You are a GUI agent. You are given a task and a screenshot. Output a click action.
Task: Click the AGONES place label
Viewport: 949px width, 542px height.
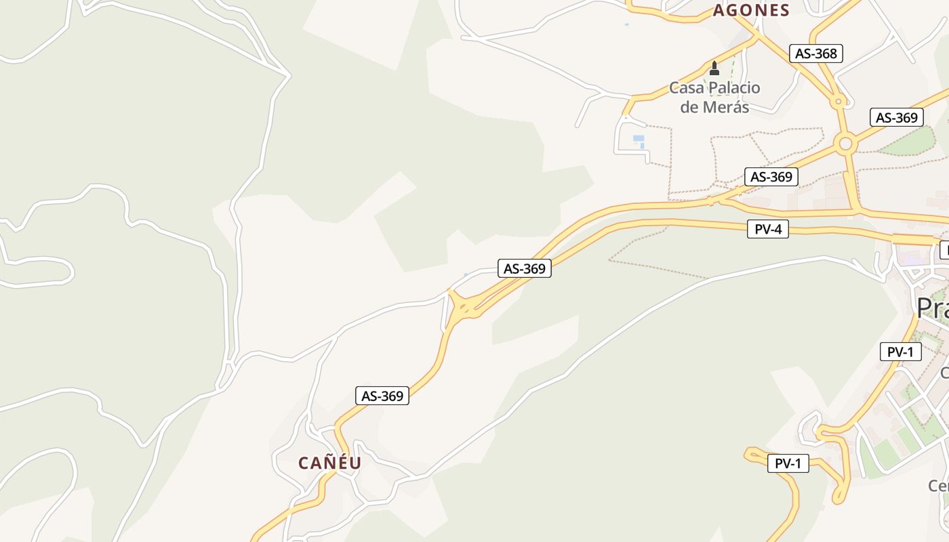[x=751, y=10]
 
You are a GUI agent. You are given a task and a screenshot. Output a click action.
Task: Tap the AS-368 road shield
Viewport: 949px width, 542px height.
[x=816, y=54]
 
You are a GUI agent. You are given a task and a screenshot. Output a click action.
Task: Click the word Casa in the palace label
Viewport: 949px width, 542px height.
[x=686, y=88]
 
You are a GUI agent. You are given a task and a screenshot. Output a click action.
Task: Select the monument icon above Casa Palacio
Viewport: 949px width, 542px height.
[x=714, y=68]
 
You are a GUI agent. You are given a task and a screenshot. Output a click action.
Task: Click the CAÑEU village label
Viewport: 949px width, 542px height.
[x=330, y=463]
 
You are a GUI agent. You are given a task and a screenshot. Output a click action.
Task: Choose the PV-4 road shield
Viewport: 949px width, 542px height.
[x=768, y=230]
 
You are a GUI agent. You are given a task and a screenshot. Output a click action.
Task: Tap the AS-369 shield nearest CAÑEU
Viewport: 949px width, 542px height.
[x=382, y=396]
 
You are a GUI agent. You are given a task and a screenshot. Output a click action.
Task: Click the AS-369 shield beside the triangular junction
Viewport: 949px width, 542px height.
[x=525, y=269]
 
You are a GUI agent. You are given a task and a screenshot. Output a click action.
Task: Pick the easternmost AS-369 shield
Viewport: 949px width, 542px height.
[x=896, y=118]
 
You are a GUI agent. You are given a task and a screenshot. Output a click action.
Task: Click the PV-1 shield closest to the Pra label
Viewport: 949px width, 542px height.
[x=900, y=352]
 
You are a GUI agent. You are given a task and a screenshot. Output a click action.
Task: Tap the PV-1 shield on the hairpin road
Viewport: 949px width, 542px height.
[x=788, y=464]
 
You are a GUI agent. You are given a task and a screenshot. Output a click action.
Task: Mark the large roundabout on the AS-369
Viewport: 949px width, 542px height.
[x=845, y=144]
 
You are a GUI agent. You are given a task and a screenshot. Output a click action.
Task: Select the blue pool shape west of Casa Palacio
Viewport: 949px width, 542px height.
[x=639, y=140]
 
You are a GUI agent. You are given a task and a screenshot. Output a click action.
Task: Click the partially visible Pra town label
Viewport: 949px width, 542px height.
[x=933, y=308]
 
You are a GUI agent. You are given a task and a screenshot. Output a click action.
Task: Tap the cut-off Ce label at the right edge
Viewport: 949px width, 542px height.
[x=938, y=486]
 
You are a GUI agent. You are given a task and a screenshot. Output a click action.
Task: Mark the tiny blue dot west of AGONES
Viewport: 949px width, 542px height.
[x=626, y=24]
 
